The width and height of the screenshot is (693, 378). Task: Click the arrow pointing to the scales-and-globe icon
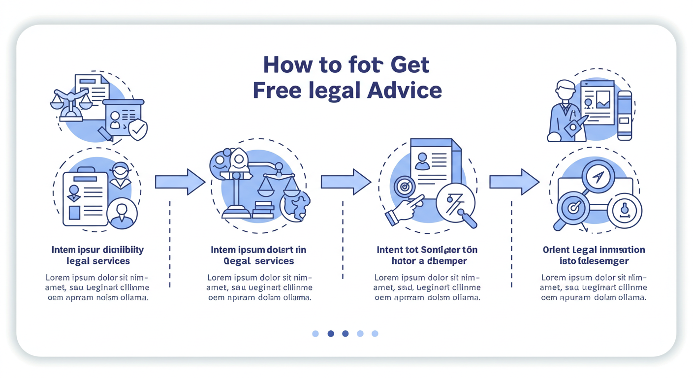click(180, 182)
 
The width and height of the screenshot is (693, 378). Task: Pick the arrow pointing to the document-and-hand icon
click(346, 182)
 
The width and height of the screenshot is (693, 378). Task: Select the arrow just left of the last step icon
click(514, 182)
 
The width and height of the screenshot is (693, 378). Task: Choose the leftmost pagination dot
click(315, 334)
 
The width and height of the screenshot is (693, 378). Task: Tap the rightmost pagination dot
click(375, 334)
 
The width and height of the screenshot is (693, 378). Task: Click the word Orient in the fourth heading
click(556, 250)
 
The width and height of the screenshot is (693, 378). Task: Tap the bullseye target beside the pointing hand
click(405, 187)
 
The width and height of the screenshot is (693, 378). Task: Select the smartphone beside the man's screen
click(625, 116)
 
